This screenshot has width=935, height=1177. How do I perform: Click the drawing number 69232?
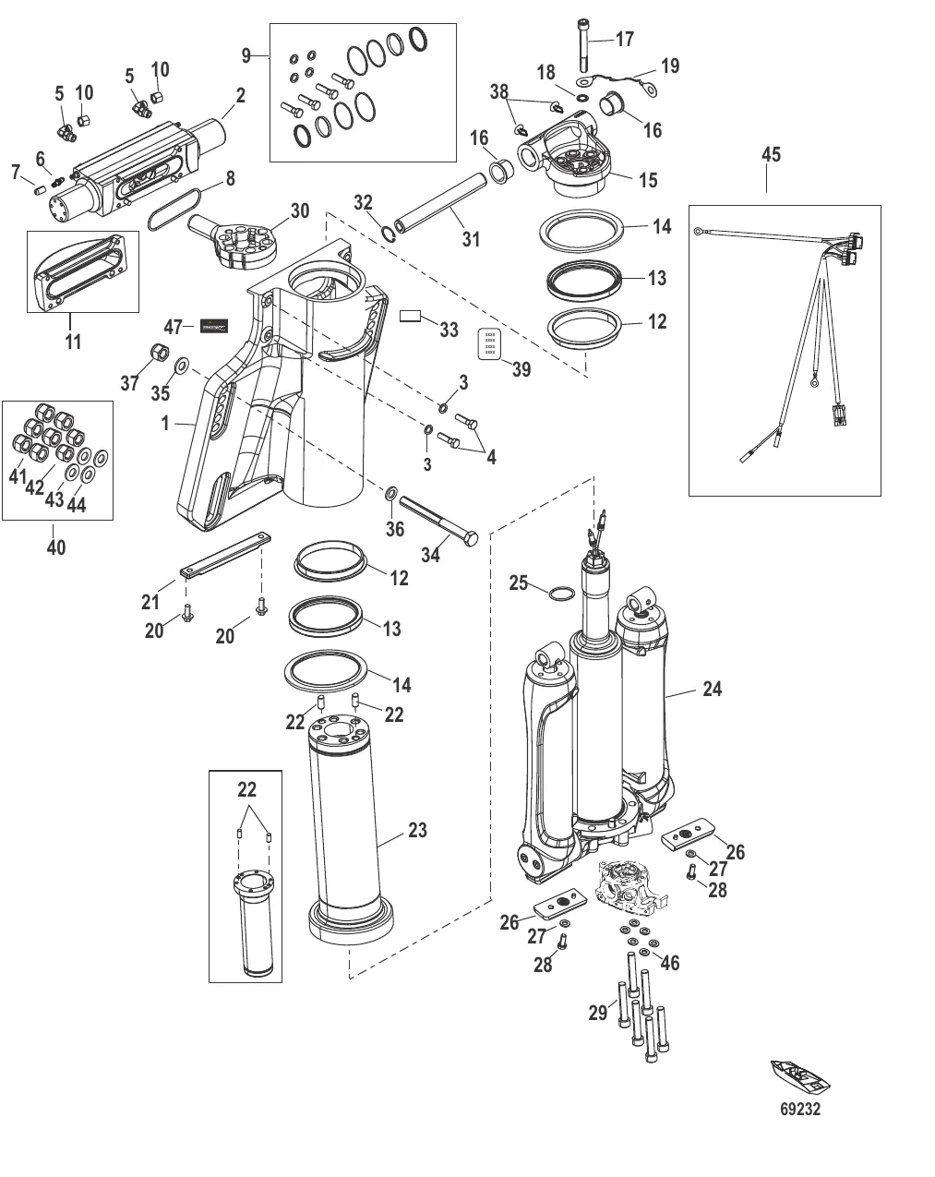click(799, 1110)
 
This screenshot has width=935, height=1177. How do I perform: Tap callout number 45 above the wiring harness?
click(770, 154)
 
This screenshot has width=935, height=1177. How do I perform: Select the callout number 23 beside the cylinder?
click(417, 830)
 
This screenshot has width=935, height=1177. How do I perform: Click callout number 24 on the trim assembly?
click(712, 689)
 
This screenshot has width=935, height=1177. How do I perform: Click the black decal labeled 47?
click(214, 326)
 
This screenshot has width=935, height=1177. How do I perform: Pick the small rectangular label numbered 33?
click(410, 317)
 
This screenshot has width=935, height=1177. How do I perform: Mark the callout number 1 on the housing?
click(165, 424)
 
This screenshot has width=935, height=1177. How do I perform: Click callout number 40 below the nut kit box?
click(55, 547)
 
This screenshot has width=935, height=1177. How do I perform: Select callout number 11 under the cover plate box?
click(72, 342)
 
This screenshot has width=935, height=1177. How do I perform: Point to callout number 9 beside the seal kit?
click(246, 55)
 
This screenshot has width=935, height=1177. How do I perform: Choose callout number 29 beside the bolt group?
click(598, 1013)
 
